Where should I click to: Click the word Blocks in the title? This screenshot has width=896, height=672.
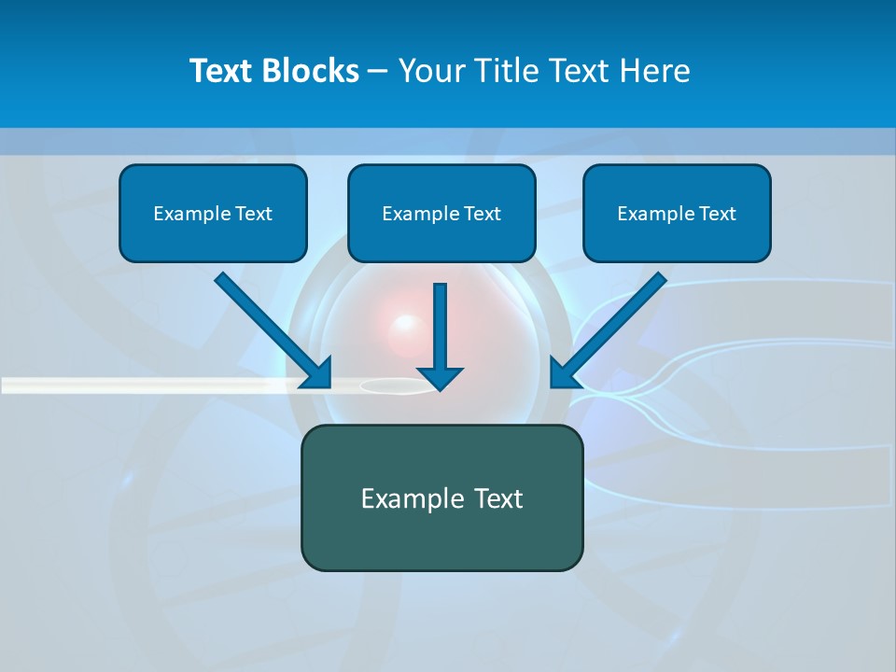click(312, 71)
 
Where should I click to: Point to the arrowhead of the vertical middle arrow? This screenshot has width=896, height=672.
click(440, 377)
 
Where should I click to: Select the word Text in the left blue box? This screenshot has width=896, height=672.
click(253, 214)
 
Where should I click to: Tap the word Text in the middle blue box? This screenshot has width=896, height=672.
click(482, 214)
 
